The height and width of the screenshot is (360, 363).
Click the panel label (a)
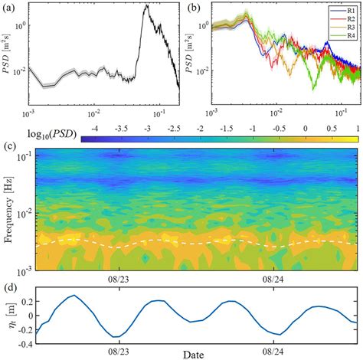coord(8,8)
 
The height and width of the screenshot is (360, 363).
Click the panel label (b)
coord(195,8)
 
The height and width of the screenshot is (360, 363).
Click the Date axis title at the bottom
coord(193,354)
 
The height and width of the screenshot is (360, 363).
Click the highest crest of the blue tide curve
coord(74,296)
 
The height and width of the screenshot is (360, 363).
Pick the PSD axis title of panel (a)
coord(8,54)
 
